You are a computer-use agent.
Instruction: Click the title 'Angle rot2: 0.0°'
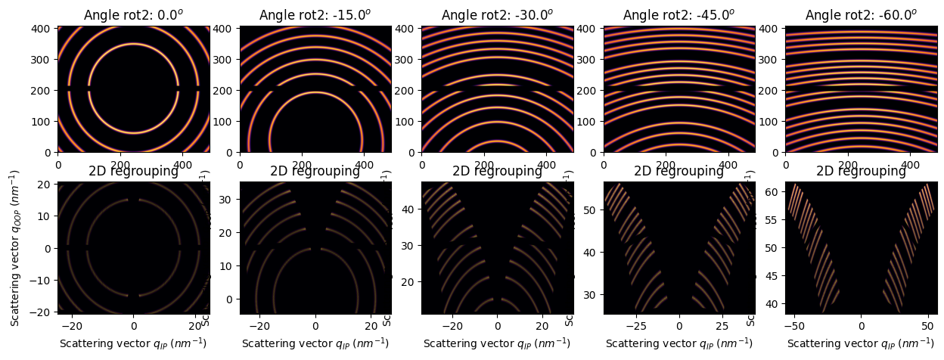[x=133, y=15]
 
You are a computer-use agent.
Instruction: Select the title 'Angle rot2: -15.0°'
[x=315, y=15]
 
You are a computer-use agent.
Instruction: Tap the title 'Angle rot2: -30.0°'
[x=497, y=15]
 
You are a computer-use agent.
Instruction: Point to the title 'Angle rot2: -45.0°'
[x=678, y=15]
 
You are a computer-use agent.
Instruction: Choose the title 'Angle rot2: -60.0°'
[x=861, y=15]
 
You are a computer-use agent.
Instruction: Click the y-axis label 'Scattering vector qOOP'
[x=16, y=247]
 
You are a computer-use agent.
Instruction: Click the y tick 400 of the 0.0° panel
[x=46, y=29]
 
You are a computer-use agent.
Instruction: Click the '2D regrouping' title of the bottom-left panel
[x=133, y=171]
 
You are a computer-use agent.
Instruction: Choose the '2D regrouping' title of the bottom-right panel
[x=861, y=171]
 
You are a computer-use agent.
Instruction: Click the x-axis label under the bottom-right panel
[x=861, y=343]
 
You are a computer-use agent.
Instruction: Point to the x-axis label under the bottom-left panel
[x=133, y=343]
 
